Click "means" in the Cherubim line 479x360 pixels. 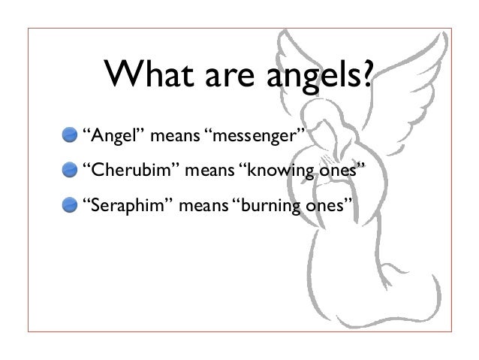point(206,171)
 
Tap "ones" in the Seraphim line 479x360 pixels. point(327,204)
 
